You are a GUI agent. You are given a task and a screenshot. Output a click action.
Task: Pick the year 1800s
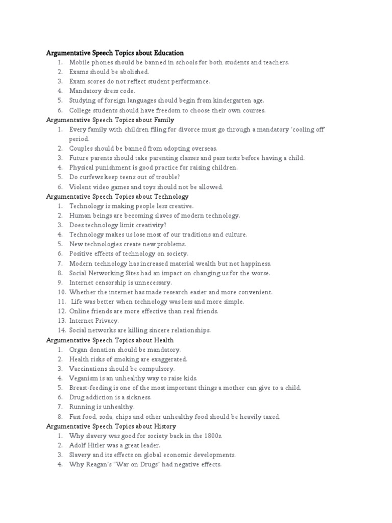[x=212, y=436]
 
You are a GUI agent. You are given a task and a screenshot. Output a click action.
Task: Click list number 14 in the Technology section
[x=61, y=330]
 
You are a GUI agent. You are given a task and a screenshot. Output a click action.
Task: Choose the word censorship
[x=113, y=282]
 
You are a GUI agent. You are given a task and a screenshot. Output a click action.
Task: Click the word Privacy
[x=106, y=321]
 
